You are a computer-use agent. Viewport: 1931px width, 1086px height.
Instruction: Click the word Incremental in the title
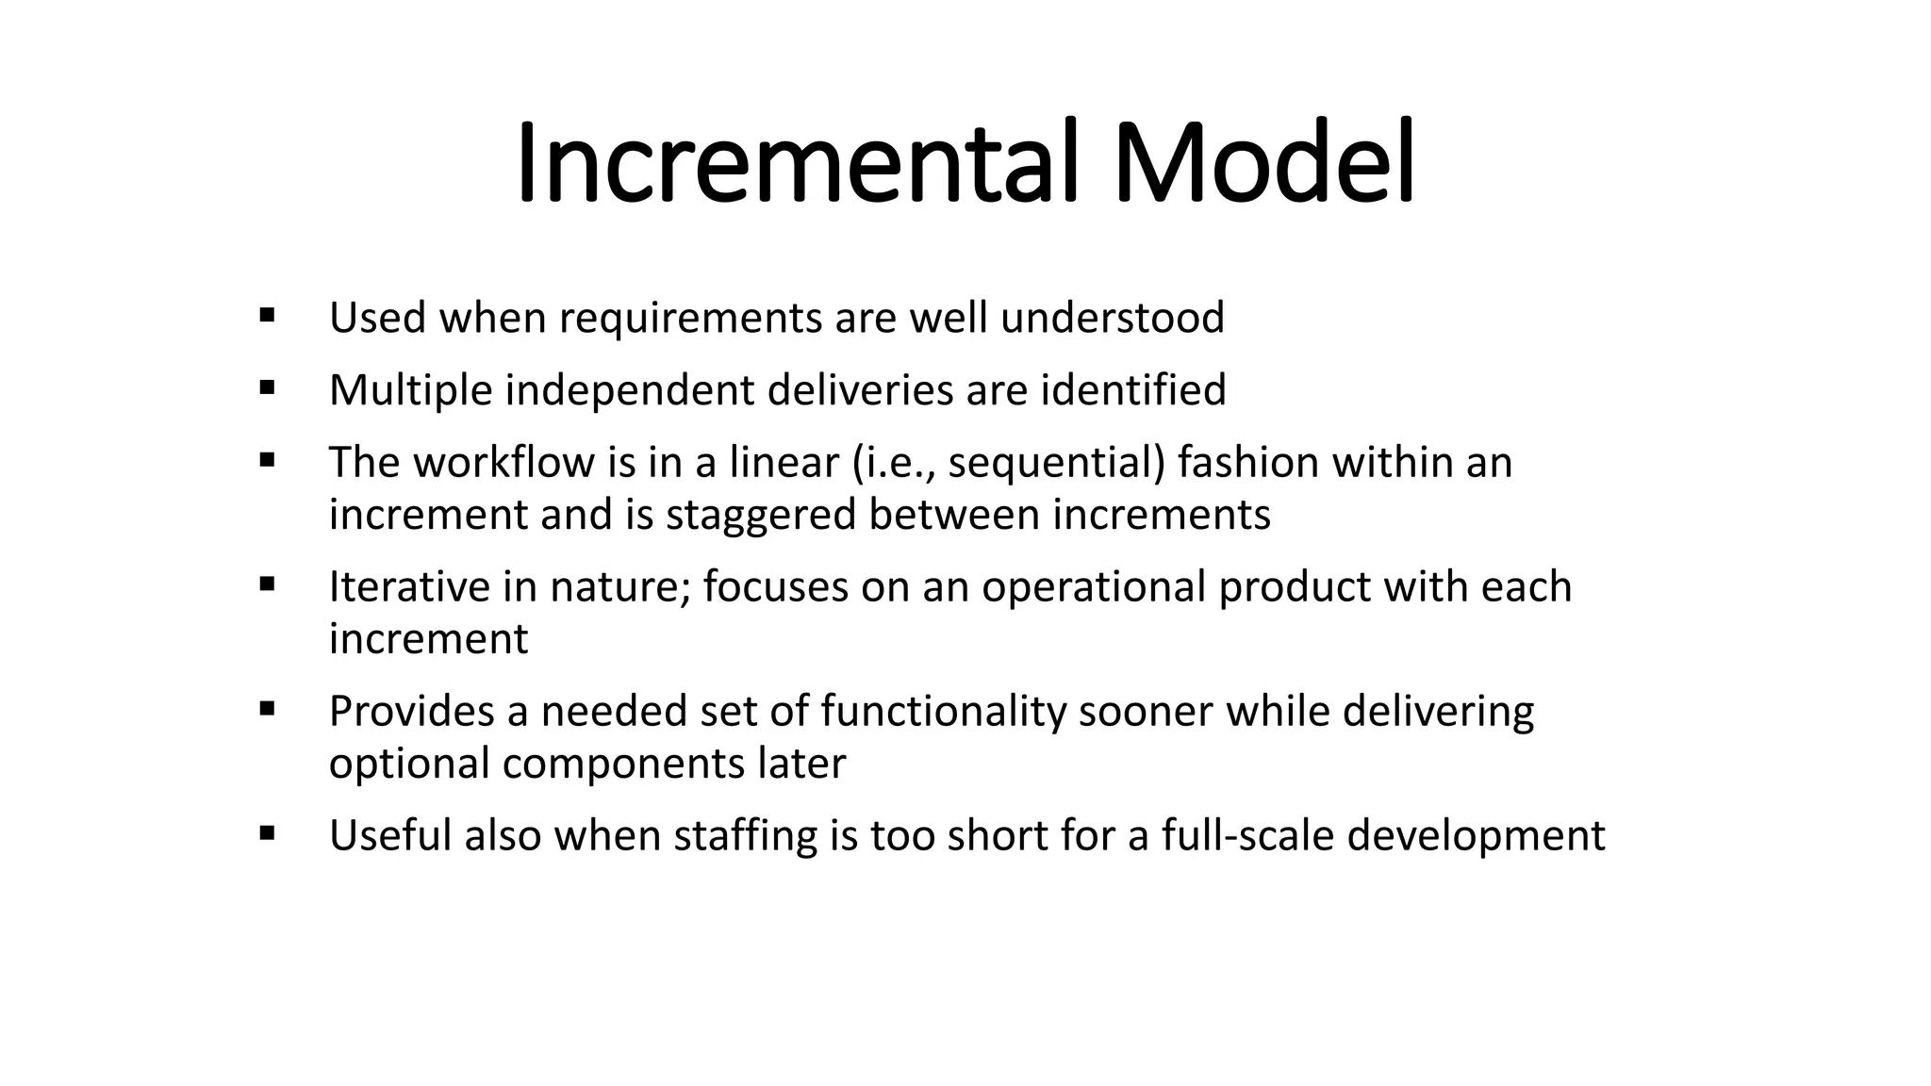(x=797, y=163)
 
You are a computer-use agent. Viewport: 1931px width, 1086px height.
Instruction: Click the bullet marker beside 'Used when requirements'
(x=266, y=315)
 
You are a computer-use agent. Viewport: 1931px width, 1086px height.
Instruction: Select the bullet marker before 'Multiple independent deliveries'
(x=266, y=387)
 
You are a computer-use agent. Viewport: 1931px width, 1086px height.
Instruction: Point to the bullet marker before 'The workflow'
(x=266, y=460)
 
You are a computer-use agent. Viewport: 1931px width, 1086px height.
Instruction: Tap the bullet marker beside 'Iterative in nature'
(x=266, y=584)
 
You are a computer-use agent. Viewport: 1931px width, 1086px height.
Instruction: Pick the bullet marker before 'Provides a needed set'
(x=266, y=709)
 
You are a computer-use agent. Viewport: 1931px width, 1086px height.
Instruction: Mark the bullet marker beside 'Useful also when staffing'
(x=266, y=833)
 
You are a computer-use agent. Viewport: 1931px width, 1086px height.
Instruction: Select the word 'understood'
(x=1113, y=318)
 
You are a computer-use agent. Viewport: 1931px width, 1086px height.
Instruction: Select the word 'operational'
(x=1094, y=588)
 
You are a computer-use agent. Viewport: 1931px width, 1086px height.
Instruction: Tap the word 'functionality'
(x=943, y=712)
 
